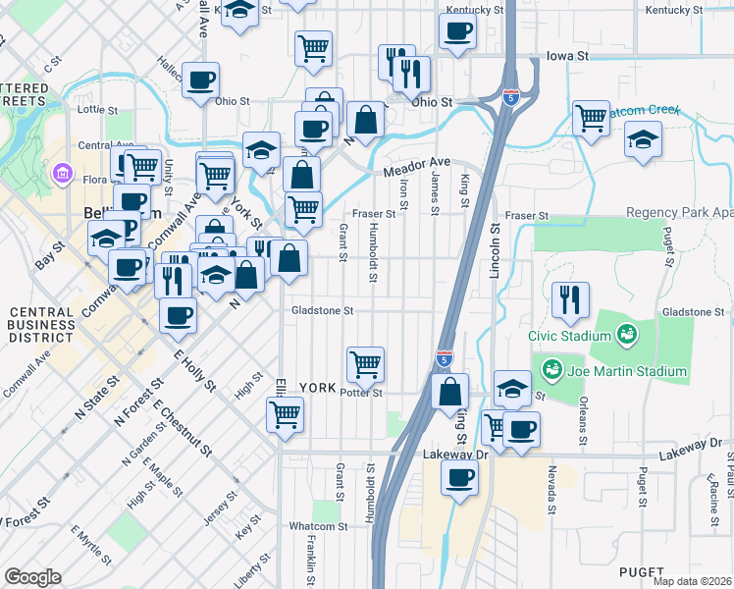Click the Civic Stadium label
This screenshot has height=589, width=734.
pos(570,336)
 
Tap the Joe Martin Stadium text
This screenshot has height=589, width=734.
pos(624,371)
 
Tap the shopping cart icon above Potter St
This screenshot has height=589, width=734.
pos(365,363)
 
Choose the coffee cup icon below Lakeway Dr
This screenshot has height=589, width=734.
pos(459,478)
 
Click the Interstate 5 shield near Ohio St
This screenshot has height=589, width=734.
pos(510,96)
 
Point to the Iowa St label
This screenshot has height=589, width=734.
pos(567,56)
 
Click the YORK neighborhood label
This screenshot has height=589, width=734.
pos(317,387)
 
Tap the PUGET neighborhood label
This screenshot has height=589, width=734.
pos(642,571)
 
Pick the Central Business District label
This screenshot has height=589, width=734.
pos(41,325)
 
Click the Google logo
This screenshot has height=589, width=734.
pos(33,576)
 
